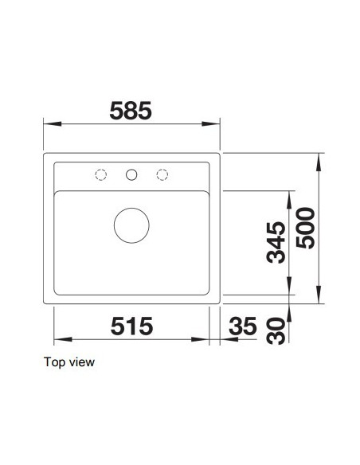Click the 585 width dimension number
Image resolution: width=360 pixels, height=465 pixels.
[x=131, y=111]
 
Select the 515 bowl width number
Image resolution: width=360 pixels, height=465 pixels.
[x=131, y=326]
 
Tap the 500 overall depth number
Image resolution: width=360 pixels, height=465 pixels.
[x=305, y=228]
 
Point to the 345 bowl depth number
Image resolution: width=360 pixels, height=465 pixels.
[x=276, y=242]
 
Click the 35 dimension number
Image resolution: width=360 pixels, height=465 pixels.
[x=243, y=326]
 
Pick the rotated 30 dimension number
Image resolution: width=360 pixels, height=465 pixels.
[x=276, y=330]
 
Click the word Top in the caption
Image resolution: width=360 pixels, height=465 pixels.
[x=54, y=362]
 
